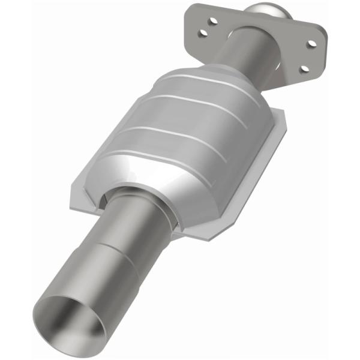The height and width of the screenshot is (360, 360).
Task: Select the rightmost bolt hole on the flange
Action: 311,43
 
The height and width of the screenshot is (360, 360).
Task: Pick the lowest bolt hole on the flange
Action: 302,68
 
